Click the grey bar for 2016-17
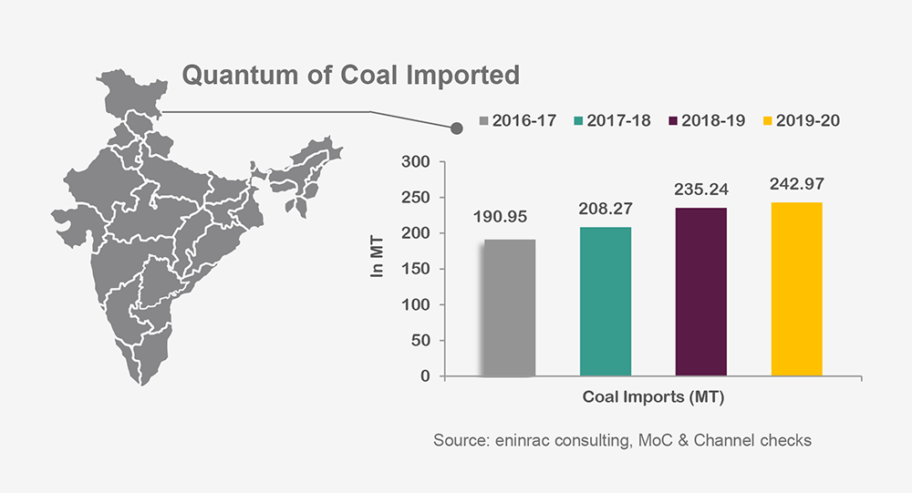pyautogui.click(x=510, y=308)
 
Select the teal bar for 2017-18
pyautogui.click(x=606, y=302)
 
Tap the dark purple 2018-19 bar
pyautogui.click(x=700, y=292)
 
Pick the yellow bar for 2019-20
pyautogui.click(x=796, y=289)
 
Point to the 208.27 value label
pyautogui.click(x=606, y=208)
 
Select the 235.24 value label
pyautogui.click(x=701, y=191)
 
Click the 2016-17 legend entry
pyautogui.click(x=517, y=120)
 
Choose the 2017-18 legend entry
pyautogui.click(x=612, y=120)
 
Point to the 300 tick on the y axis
pyautogui.click(x=417, y=162)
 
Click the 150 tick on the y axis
pyautogui.click(x=417, y=269)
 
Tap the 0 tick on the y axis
pyautogui.click(x=425, y=376)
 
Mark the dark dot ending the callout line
pyautogui.click(x=457, y=128)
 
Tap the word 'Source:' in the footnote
pyautogui.click(x=461, y=440)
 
